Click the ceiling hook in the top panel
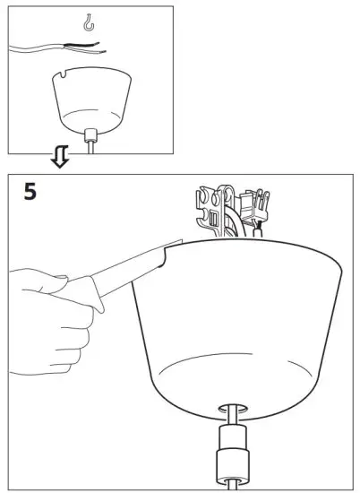point(87,20)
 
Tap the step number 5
point(30,191)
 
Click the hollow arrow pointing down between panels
point(59,158)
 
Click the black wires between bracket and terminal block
point(235,215)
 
